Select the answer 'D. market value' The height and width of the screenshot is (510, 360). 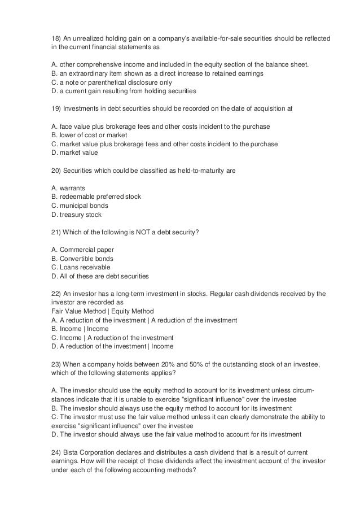tap(74, 152)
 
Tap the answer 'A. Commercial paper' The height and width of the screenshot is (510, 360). tap(82, 250)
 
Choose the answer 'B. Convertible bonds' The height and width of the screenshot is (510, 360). tap(82, 258)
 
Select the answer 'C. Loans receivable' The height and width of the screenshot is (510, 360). tap(81, 267)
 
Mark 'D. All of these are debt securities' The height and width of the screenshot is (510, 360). tap(100, 276)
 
